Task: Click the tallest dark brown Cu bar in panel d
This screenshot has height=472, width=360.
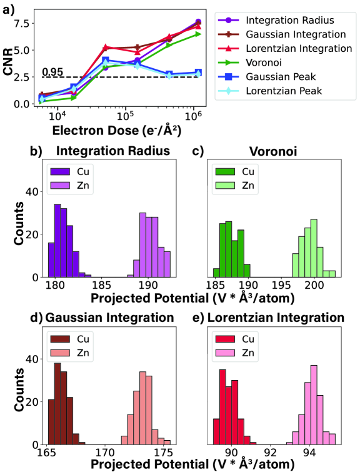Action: click(57, 403)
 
